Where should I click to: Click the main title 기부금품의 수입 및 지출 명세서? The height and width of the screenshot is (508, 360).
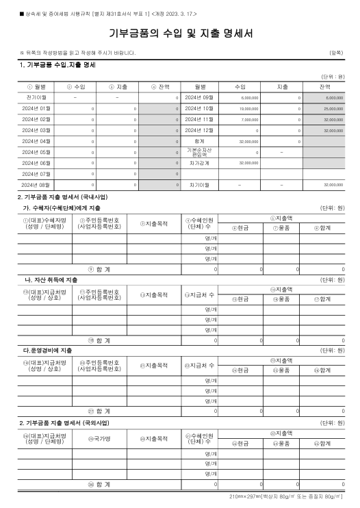tap(179, 34)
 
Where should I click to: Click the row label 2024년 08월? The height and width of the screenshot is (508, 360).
tap(36, 185)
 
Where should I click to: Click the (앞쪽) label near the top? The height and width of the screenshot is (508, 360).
tap(337, 53)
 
